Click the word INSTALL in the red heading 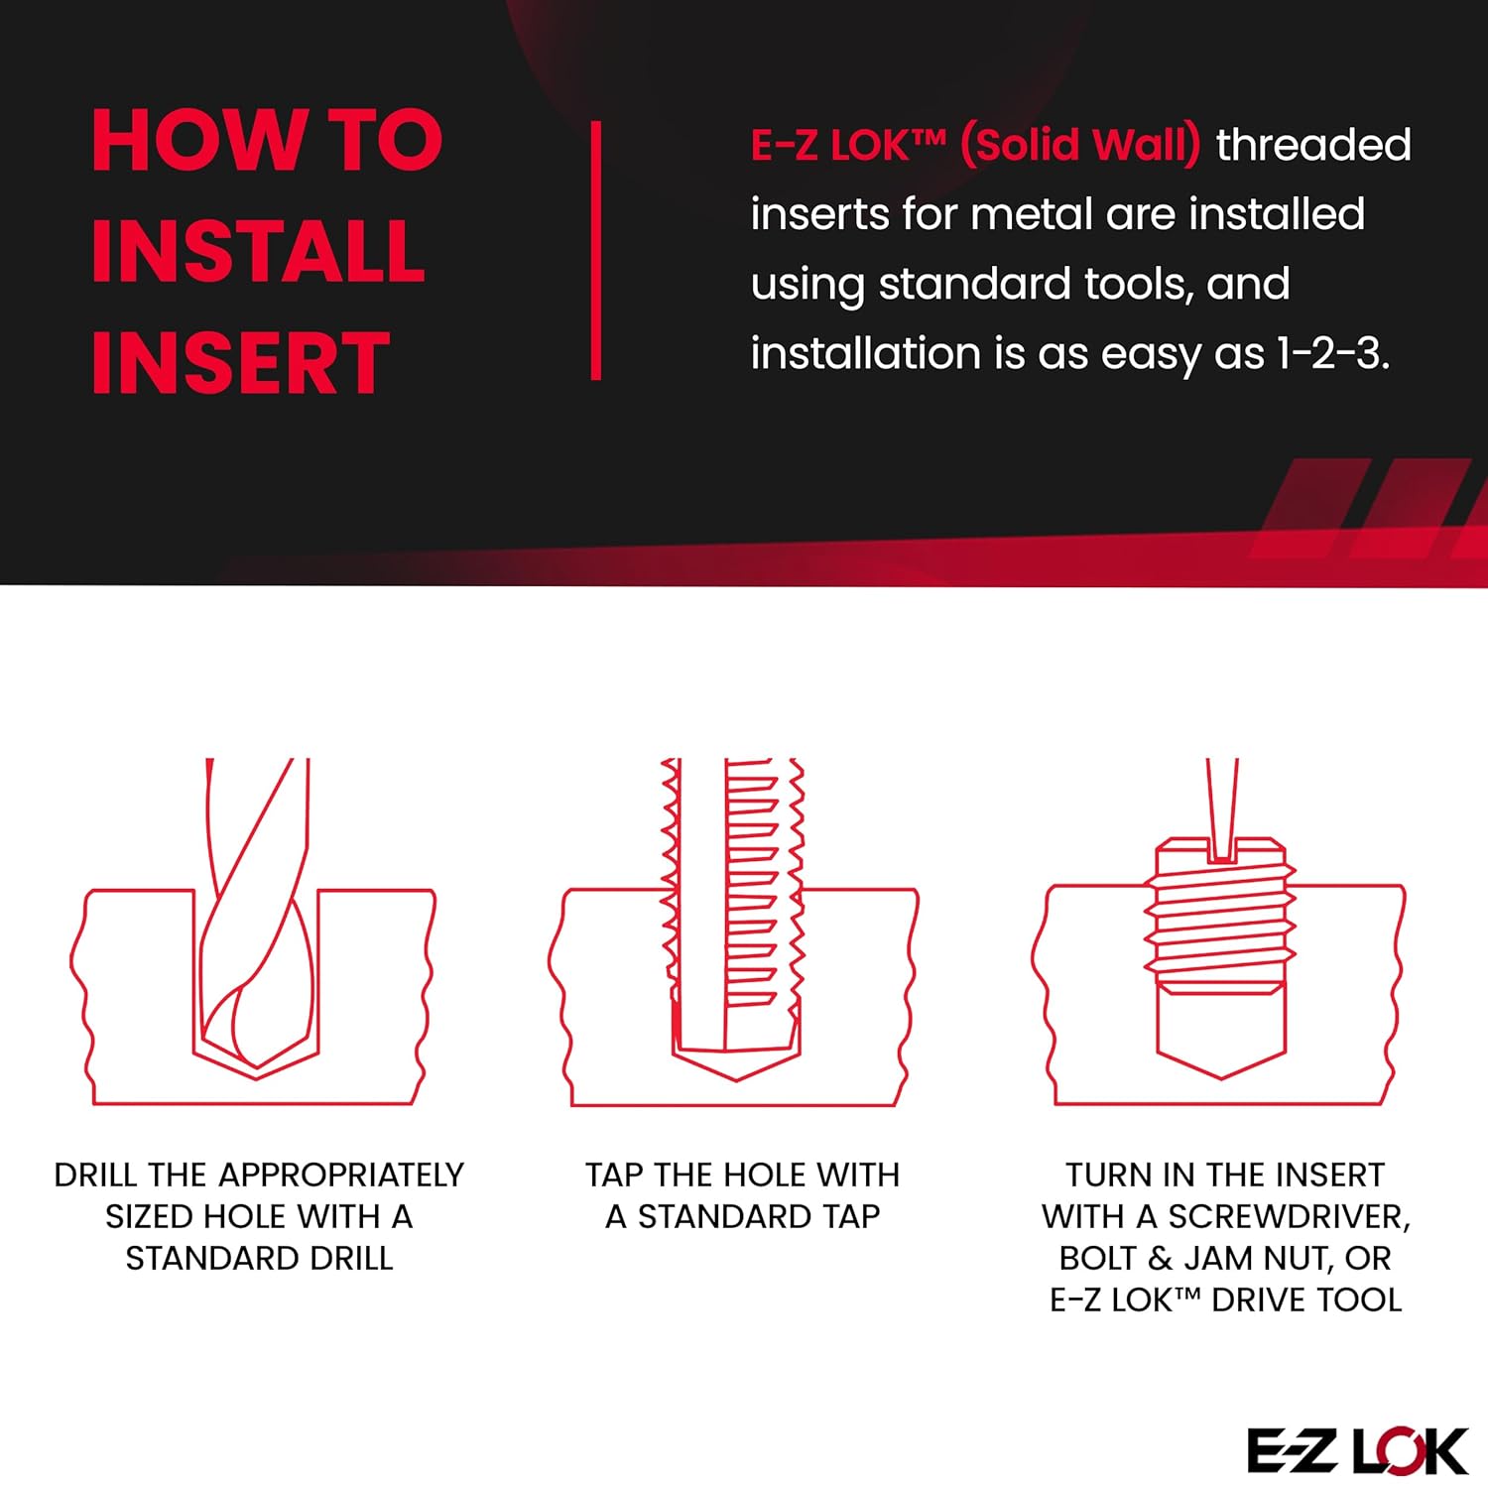[x=258, y=252]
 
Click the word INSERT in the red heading [x=240, y=363]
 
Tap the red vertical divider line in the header [x=596, y=250]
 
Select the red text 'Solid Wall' [x=1080, y=145]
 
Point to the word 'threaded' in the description [x=1312, y=145]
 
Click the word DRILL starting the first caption [x=95, y=1175]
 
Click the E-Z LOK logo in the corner [x=1356, y=1451]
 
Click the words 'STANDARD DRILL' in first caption [x=259, y=1258]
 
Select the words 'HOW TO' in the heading [x=266, y=141]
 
